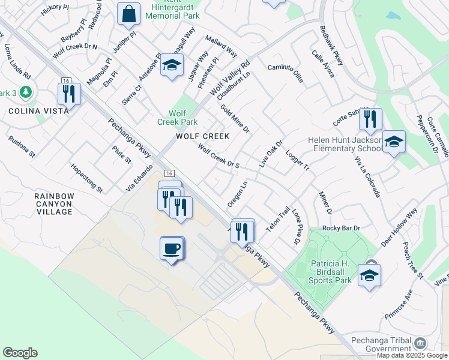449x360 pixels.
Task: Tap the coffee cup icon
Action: (x=172, y=248)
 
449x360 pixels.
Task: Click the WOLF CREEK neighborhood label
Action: (x=203, y=136)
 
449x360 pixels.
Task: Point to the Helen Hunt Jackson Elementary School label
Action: (x=345, y=145)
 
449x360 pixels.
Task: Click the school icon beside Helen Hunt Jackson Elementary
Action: (x=394, y=143)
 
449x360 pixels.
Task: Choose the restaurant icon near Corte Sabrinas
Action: (x=370, y=118)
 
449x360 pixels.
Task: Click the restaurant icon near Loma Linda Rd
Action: (x=69, y=94)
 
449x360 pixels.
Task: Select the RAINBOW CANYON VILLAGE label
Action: (x=53, y=203)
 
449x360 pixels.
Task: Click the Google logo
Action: (x=20, y=353)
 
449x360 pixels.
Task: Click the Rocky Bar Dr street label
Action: (x=341, y=228)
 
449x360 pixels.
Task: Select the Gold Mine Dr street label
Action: (x=235, y=119)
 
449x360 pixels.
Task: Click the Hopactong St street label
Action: (x=86, y=178)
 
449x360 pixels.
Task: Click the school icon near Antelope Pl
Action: (x=172, y=65)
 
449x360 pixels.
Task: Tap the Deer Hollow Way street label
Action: (x=399, y=228)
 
